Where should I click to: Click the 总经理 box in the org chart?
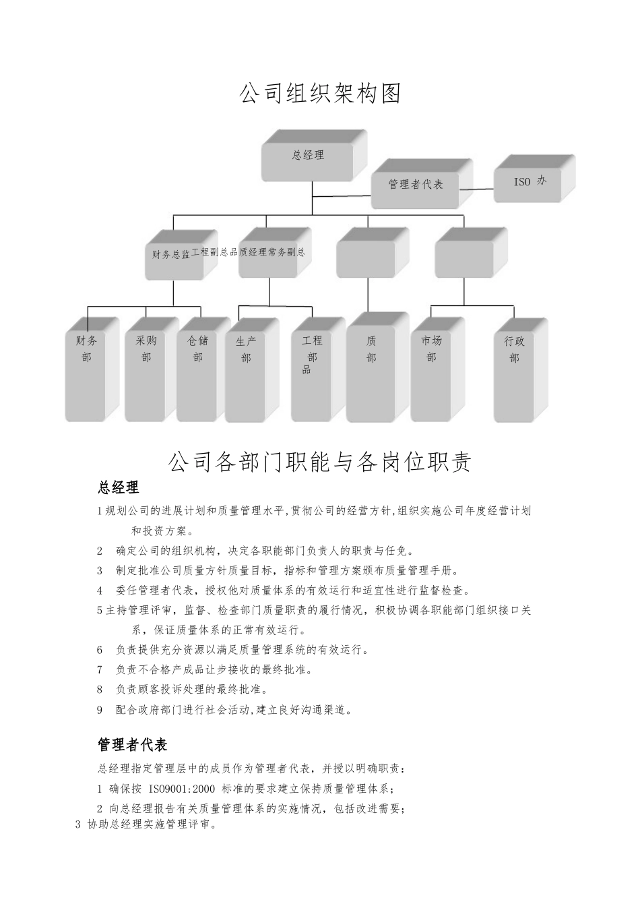coord(308,156)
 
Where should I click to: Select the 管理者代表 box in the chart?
coord(416,184)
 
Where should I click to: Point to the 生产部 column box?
coord(246,374)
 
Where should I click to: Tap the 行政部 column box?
coord(515,374)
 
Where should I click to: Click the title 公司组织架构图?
coord(320,94)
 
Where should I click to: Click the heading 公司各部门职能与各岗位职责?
coord(319,462)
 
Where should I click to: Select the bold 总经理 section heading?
coord(119,487)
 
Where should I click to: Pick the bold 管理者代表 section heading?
coord(133,745)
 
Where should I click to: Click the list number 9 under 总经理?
coord(100,710)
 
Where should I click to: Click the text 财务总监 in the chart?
coord(171,254)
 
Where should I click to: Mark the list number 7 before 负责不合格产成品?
coord(100,670)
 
